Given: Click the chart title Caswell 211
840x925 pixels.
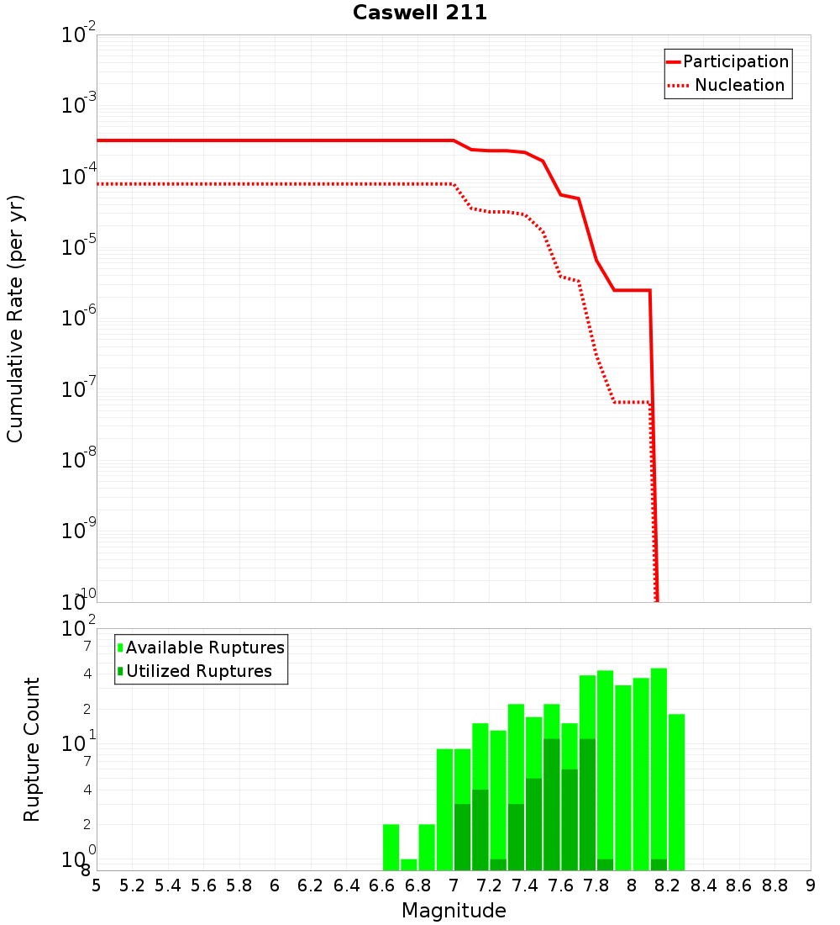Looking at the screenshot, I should coord(419,13).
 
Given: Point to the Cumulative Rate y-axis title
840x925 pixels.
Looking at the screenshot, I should coord(15,318).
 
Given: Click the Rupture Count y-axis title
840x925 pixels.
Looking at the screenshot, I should coord(32,748).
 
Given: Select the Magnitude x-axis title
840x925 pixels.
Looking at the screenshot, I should coord(454,911).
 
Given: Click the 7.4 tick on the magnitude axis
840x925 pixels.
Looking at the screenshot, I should coord(525,885).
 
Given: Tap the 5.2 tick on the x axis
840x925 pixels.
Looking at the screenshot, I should coord(132,885).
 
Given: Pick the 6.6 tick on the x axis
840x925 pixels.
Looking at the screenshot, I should coord(382,885).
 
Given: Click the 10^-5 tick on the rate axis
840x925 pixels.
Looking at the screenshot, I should coord(79,247).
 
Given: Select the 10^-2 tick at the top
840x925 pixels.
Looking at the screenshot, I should coord(79,35).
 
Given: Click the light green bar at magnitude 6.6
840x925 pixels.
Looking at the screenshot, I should coord(391,847).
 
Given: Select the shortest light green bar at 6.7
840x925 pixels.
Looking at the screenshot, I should coord(409,864).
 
